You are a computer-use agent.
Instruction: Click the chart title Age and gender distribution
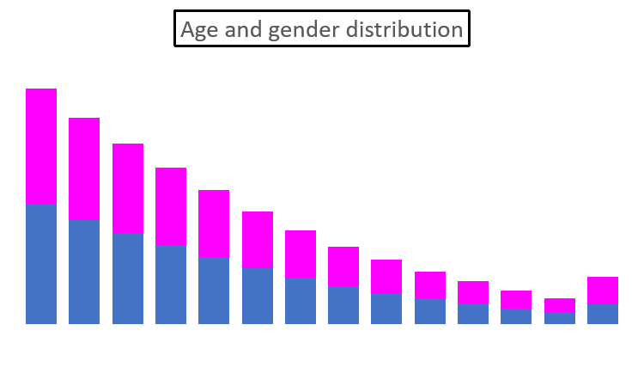(322, 29)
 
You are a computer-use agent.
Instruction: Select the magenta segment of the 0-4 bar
(41, 146)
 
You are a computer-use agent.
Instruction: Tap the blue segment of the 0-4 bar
(41, 263)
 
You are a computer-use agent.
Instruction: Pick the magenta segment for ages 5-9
(84, 168)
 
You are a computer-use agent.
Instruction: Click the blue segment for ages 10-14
(128, 278)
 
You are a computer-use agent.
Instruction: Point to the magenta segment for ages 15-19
(171, 206)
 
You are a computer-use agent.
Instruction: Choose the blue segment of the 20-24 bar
(214, 290)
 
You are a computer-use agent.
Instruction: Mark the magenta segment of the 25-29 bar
(258, 239)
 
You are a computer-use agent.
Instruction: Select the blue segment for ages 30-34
(301, 300)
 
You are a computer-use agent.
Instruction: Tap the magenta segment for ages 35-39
(343, 267)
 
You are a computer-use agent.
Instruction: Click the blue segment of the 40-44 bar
(386, 308)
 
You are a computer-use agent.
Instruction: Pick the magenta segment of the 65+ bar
(603, 290)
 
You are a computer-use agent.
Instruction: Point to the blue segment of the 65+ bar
(603, 313)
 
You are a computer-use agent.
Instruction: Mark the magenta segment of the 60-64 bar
(560, 305)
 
